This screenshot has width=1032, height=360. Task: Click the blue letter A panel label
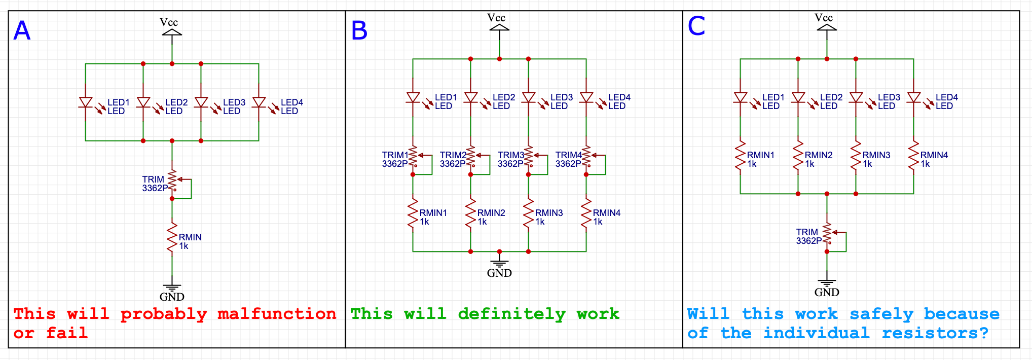click(x=22, y=31)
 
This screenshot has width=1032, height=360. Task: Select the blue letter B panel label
click(x=359, y=31)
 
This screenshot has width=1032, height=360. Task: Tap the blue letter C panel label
click(x=696, y=26)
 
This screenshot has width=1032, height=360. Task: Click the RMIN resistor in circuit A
click(x=172, y=237)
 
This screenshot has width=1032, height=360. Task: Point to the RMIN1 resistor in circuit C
click(x=740, y=156)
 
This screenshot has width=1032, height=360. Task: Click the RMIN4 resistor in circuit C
click(x=913, y=156)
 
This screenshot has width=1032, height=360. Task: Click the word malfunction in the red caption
click(x=277, y=314)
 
